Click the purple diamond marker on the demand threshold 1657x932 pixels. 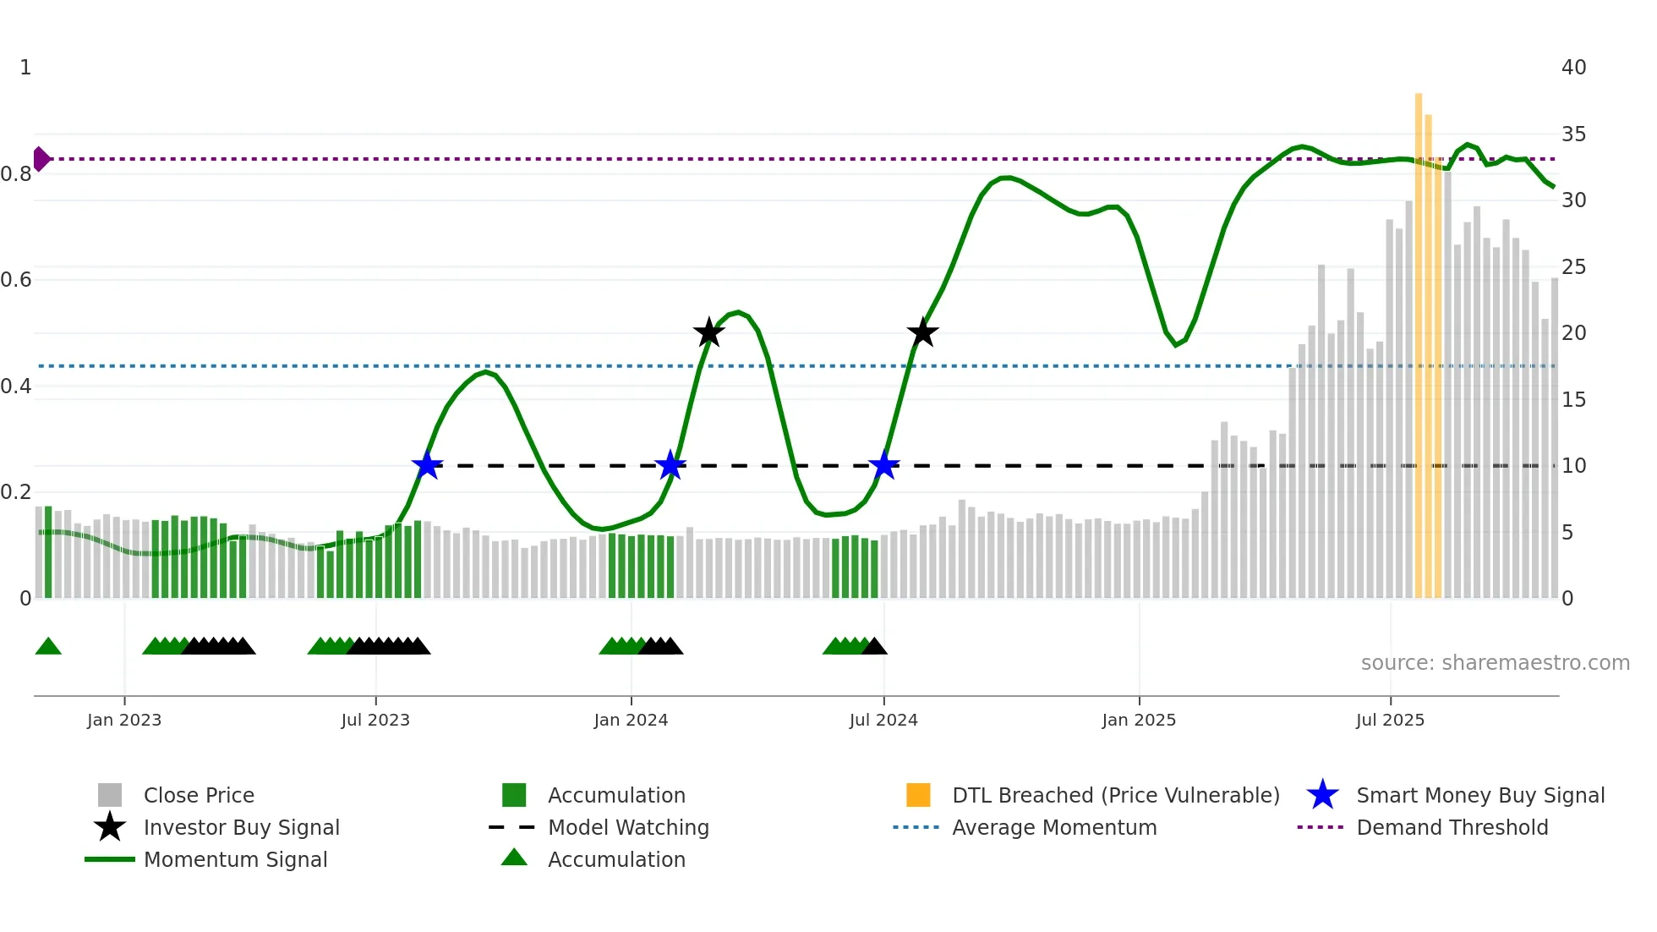[x=41, y=159]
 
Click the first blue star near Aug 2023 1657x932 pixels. [x=427, y=465]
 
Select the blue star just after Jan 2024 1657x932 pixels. [x=670, y=465]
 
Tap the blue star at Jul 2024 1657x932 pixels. [x=883, y=465]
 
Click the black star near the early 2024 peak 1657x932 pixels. [x=709, y=333]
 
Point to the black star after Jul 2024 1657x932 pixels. [x=922, y=332]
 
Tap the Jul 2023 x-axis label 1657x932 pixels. [x=375, y=720]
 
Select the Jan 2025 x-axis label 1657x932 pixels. [x=1139, y=720]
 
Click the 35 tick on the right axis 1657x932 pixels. [x=1573, y=134]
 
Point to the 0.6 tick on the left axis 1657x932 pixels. [x=17, y=280]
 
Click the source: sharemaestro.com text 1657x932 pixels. [x=1495, y=663]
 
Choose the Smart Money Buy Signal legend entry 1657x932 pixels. [x=1479, y=795]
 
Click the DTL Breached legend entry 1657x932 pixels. [x=1115, y=795]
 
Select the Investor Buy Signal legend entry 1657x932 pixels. [x=241, y=827]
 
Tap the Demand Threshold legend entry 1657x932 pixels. [x=1452, y=827]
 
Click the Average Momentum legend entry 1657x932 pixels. [x=1053, y=827]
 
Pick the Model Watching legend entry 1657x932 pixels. [x=627, y=827]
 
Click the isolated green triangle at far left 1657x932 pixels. [x=48, y=647]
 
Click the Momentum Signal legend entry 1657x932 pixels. [x=235, y=859]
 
